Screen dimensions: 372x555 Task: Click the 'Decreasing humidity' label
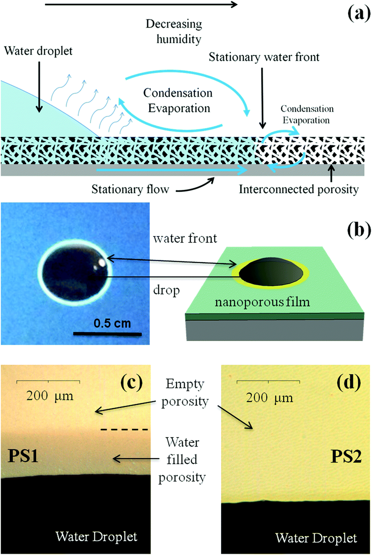tap(174, 31)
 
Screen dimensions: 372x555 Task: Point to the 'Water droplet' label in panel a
tap(38, 51)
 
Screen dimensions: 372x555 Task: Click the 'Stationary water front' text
tap(264, 57)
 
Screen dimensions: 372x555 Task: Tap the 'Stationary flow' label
tap(130, 189)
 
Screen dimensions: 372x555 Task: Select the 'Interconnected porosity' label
tap(299, 189)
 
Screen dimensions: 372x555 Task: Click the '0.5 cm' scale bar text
tap(112, 323)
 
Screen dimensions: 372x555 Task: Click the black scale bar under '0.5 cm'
tap(107, 334)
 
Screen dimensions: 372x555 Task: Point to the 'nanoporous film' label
tap(262, 302)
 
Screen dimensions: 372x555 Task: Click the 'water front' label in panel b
tap(185, 238)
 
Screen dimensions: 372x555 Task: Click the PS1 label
tap(23, 456)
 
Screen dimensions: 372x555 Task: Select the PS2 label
tap(346, 456)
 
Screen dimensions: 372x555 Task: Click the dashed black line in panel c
tap(124, 430)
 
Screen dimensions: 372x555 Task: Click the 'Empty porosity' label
tap(185, 393)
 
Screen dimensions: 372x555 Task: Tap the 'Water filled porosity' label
tap(182, 460)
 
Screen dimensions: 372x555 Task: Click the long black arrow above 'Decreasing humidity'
tap(141, 5)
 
